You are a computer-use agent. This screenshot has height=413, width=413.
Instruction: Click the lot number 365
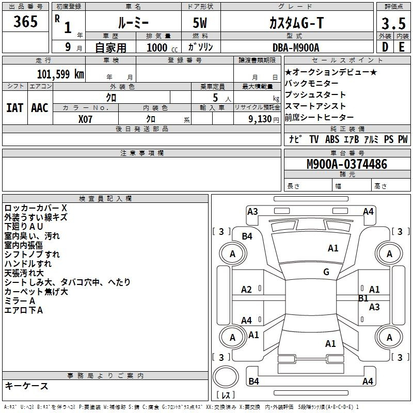(25, 21)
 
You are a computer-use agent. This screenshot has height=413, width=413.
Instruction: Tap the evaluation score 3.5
(393, 23)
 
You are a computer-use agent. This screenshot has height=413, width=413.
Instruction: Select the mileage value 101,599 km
(60, 74)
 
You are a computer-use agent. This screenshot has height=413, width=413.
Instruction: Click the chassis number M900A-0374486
(347, 164)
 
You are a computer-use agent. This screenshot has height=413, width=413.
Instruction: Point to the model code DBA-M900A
(296, 47)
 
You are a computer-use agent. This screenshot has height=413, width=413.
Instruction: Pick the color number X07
(85, 119)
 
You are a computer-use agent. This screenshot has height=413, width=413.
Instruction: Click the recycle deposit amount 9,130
(260, 119)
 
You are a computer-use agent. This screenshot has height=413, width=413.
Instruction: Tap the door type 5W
(200, 23)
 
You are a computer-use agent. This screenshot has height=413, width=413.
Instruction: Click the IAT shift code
(15, 108)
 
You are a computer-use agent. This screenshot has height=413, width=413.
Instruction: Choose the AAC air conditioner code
(40, 108)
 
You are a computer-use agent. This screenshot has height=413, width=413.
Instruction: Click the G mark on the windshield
(326, 272)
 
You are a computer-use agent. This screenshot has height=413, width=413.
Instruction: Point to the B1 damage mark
(363, 298)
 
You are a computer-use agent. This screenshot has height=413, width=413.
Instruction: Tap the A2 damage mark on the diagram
(246, 290)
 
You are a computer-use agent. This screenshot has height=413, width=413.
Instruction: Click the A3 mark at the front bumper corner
(252, 212)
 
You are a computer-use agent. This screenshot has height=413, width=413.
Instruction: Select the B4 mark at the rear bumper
(253, 381)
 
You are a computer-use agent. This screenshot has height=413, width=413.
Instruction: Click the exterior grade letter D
(385, 47)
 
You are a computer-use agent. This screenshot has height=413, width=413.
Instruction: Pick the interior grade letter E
(402, 47)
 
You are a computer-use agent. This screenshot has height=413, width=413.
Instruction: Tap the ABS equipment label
(332, 139)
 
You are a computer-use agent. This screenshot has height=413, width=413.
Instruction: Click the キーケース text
(26, 386)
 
